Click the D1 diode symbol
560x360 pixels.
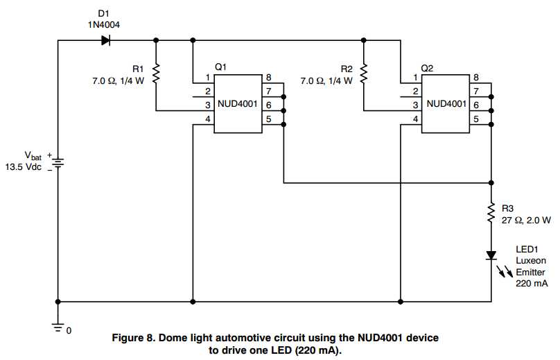pos(106,40)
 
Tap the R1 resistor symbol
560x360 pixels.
pos(157,72)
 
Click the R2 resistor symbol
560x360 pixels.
pos(365,72)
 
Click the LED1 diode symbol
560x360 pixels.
pos(491,255)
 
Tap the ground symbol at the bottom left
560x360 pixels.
pos(58,323)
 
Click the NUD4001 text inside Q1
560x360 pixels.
pos(236,104)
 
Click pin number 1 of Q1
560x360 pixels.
pos(207,78)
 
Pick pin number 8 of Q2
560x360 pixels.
pos(475,78)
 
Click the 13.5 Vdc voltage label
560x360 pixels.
pos(25,167)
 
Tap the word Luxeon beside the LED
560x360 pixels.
pos(530,261)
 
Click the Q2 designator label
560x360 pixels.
pos(428,68)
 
